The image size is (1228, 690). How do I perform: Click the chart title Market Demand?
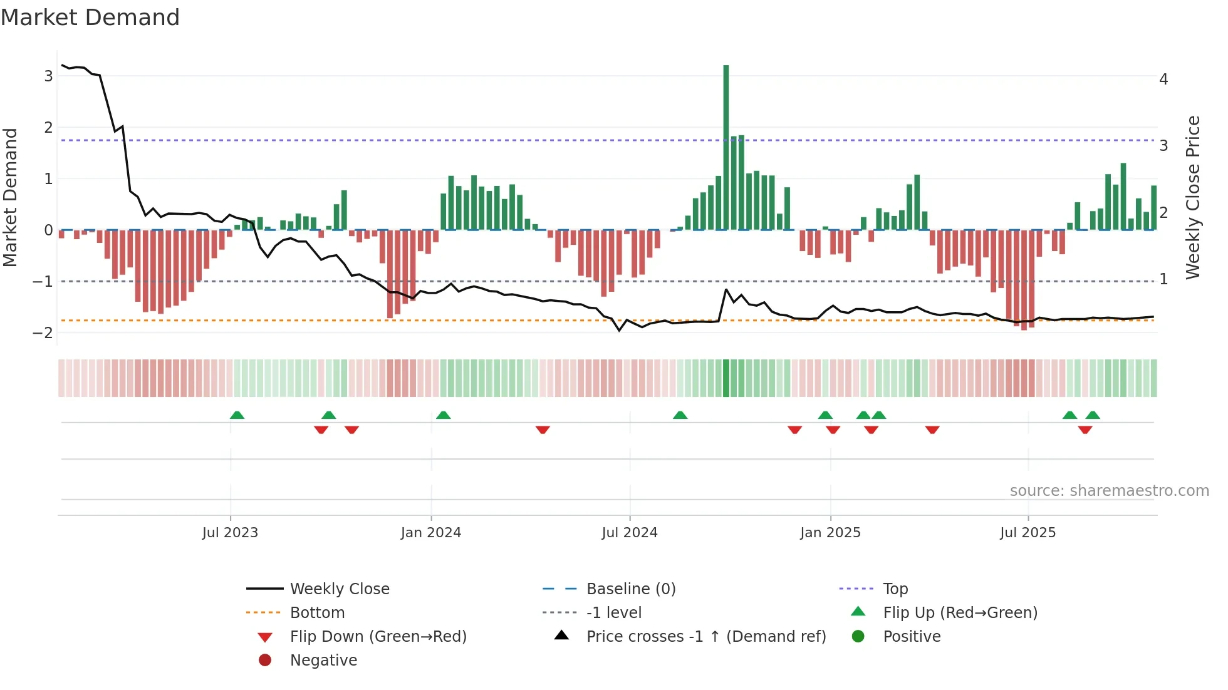(x=90, y=18)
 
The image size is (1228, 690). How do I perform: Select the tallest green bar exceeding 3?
(x=726, y=147)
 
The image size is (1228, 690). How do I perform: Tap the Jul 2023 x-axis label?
(x=230, y=533)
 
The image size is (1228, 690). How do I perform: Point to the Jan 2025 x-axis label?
(x=830, y=533)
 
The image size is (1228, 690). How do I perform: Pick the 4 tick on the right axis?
(x=1163, y=80)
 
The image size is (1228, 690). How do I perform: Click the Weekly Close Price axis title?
(x=1193, y=197)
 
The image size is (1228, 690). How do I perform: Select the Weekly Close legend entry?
(x=339, y=589)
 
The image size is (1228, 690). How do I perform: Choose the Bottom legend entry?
(x=317, y=613)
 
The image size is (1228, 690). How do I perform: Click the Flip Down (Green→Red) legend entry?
(x=378, y=637)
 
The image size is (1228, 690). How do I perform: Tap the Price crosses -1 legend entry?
(x=705, y=637)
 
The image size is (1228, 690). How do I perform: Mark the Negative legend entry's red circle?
(x=265, y=661)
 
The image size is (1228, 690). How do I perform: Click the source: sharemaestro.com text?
(x=1109, y=491)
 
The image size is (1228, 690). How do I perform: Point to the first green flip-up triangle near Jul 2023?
(x=237, y=415)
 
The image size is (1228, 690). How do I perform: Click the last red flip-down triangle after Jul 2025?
(x=1085, y=430)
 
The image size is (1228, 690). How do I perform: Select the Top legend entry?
(x=895, y=589)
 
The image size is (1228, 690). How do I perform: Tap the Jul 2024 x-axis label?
(x=630, y=533)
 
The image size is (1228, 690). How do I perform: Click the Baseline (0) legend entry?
(x=630, y=589)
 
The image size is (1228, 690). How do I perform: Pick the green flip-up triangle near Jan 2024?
(x=443, y=415)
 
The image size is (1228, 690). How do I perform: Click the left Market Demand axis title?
(x=11, y=197)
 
